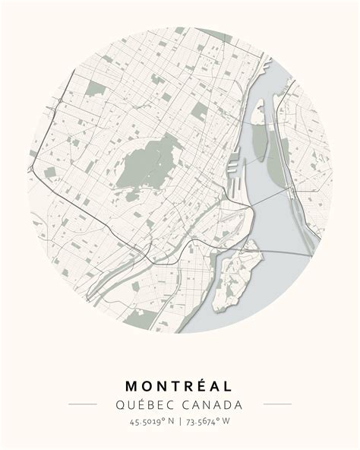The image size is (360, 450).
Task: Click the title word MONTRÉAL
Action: [180, 387]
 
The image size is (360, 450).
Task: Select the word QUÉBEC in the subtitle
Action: [142, 404]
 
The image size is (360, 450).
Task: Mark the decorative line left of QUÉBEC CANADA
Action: [83, 404]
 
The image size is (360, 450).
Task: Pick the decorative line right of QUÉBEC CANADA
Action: [277, 404]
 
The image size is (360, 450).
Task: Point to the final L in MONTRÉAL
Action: [229, 387]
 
